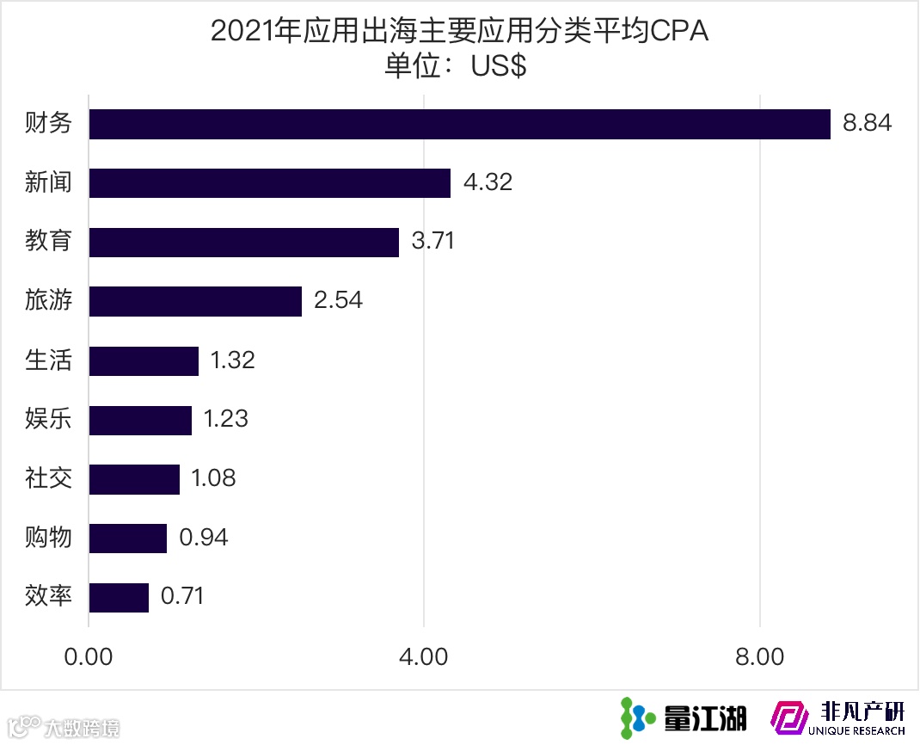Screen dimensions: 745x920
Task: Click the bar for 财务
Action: point(460,124)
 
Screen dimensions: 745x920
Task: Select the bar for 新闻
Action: point(270,183)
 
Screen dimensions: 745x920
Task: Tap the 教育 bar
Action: point(244,243)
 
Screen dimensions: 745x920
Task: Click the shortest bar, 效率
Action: point(120,598)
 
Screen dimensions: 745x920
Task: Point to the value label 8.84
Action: point(868,123)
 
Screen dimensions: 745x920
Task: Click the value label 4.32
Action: point(488,182)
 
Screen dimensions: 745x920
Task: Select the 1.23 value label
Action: point(225,419)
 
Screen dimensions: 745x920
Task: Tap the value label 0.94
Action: point(204,538)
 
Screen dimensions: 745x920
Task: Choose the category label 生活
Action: point(48,360)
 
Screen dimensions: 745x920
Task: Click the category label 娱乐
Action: point(48,420)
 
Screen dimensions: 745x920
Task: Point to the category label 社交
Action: point(48,479)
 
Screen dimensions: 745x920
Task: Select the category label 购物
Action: point(48,539)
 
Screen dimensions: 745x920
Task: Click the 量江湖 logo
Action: point(684,717)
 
